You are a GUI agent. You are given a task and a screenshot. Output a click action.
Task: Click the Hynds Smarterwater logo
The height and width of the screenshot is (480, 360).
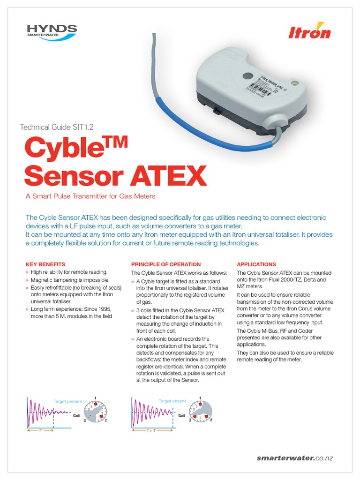[x=52, y=32]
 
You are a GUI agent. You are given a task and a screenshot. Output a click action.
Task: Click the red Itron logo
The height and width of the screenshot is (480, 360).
[x=309, y=30]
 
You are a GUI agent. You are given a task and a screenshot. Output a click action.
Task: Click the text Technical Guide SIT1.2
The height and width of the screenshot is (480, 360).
[x=60, y=127]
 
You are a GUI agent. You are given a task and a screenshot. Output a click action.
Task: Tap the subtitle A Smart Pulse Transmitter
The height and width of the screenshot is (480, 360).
[x=90, y=196]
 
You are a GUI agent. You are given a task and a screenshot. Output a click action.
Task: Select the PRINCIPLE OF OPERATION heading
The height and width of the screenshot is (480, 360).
[x=166, y=264]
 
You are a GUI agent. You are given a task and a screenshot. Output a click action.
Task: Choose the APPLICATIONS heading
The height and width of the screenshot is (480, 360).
[x=256, y=264]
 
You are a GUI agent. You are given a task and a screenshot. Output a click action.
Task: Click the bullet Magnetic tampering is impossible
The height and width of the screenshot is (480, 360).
[x=70, y=280]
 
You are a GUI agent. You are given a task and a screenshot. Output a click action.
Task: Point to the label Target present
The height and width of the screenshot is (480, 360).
[x=68, y=401]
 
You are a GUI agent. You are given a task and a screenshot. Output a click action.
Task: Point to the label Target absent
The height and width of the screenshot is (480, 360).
[x=172, y=401]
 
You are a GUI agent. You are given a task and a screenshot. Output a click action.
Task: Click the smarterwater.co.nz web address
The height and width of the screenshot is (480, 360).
[x=295, y=458]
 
